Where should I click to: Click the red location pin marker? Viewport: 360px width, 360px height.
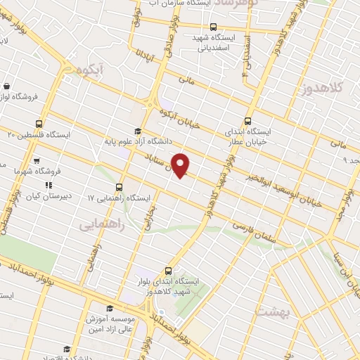point(181,165)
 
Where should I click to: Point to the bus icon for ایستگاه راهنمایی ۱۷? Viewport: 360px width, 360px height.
point(119,188)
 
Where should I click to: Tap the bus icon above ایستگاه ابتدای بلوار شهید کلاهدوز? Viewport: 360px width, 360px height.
point(167,270)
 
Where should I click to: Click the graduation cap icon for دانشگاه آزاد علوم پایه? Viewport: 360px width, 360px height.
point(138,131)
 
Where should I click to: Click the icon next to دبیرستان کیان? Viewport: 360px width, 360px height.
point(49,186)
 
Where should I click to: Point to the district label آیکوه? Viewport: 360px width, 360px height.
point(91,70)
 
